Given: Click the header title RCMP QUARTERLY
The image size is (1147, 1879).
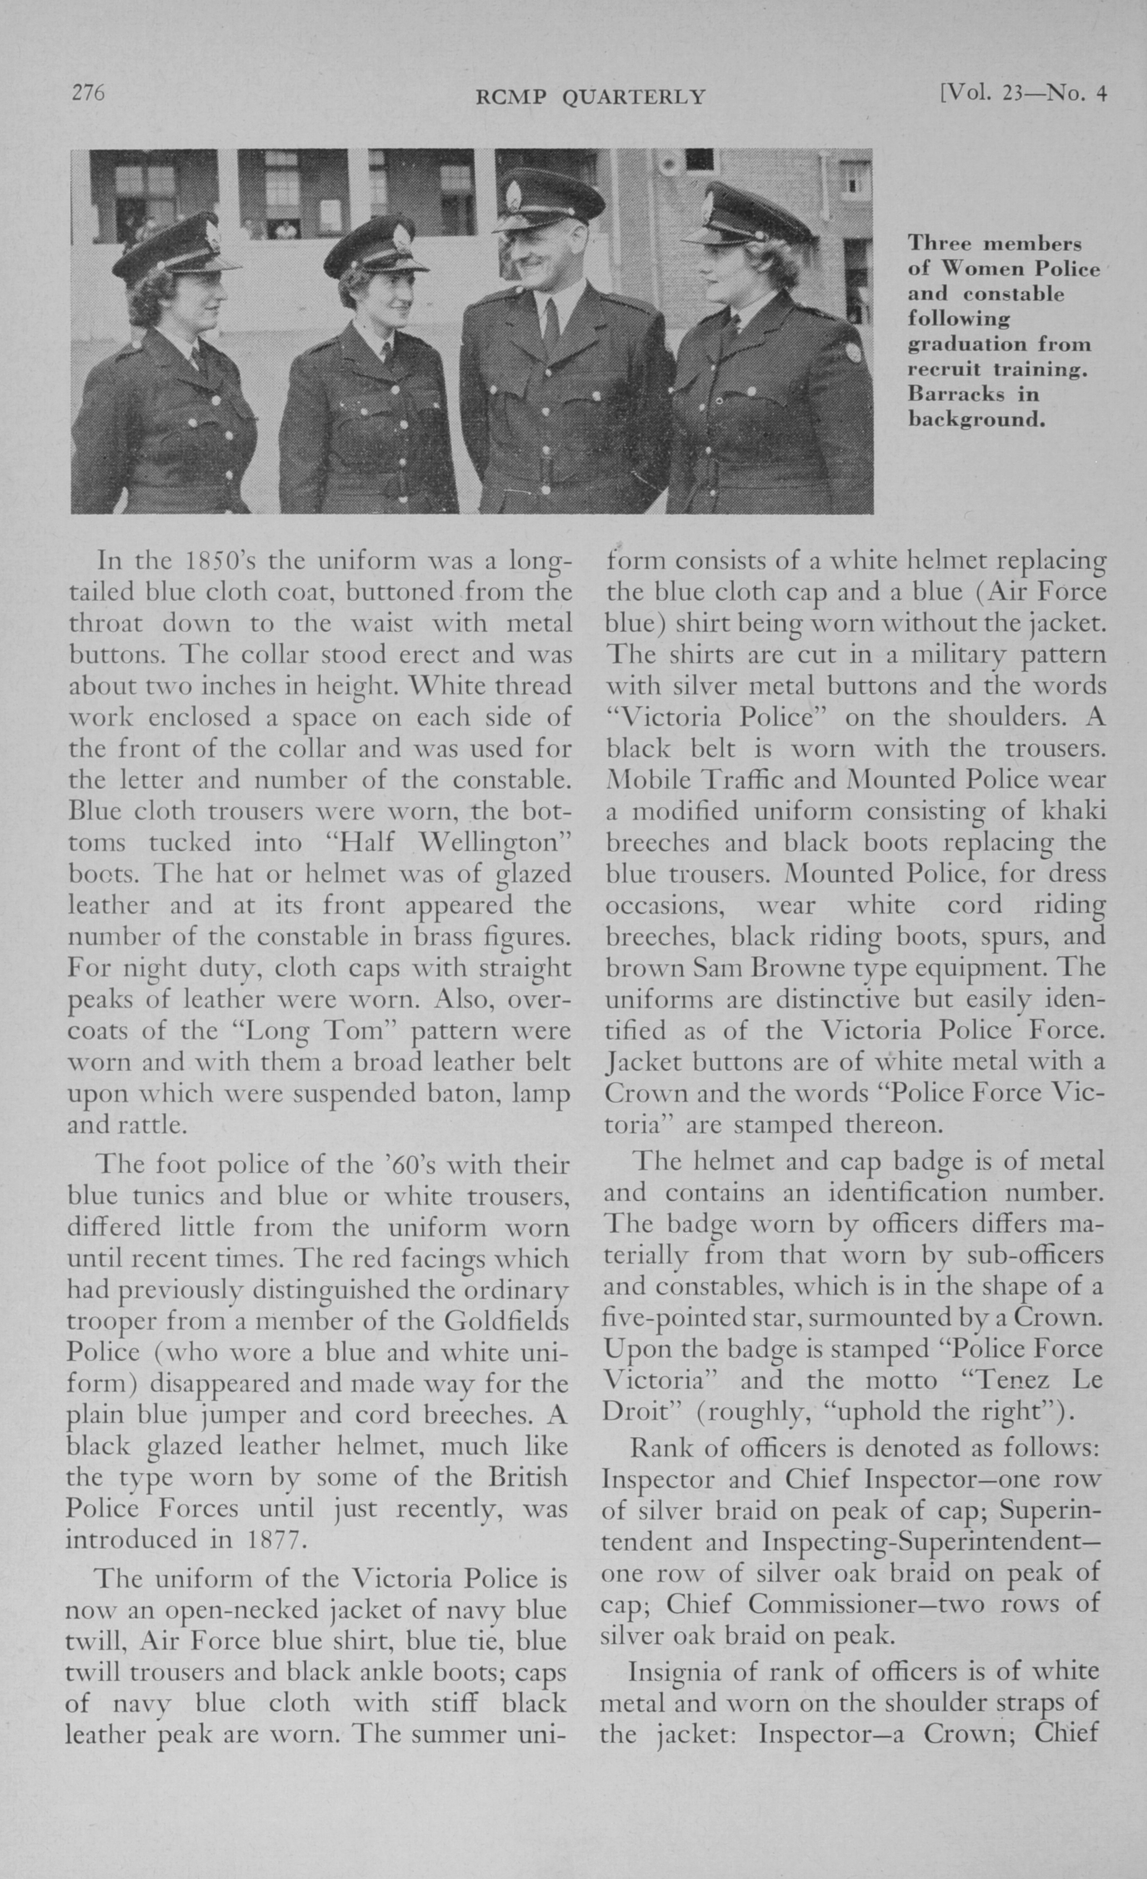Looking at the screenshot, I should click(x=590, y=97).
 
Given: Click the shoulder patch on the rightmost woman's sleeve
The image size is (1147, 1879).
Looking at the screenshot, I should click(x=853, y=352).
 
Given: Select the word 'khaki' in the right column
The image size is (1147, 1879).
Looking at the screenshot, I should click(x=1074, y=810).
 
